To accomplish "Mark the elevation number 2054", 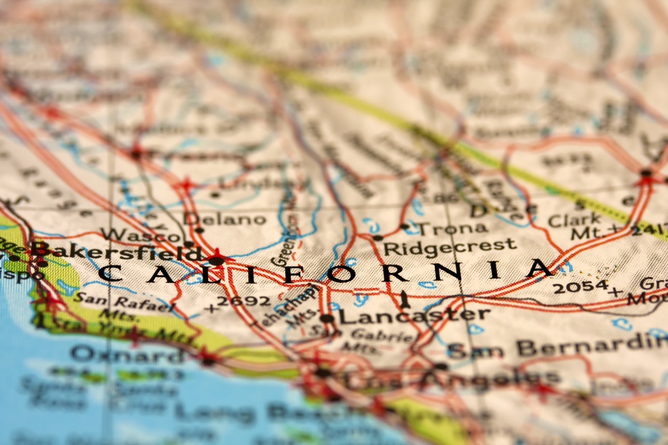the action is [581, 286].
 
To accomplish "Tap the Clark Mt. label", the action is [575, 226].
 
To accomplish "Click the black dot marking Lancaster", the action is [327, 318].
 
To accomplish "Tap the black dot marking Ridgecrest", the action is [377, 238].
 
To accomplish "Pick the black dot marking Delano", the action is [199, 230].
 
